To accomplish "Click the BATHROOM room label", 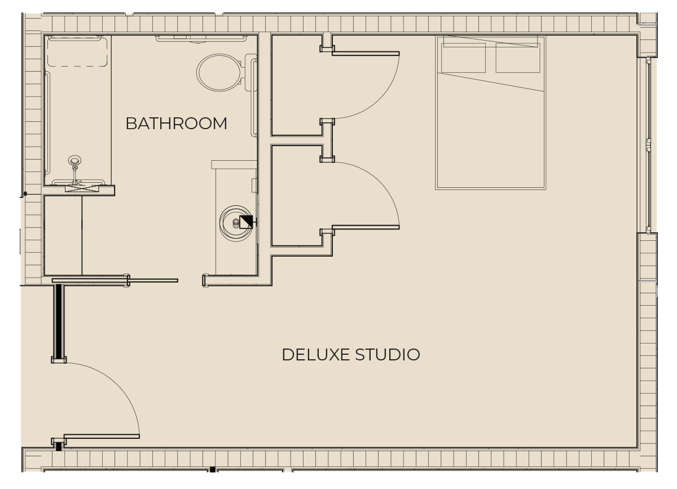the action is (176, 124).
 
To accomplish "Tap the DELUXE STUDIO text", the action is (351, 355).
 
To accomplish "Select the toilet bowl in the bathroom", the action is (219, 73).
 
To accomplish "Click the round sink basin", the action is (236, 223).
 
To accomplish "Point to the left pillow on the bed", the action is (463, 58).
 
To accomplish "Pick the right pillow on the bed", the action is (518, 58).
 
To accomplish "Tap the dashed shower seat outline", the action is (77, 52).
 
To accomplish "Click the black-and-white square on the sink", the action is (246, 222).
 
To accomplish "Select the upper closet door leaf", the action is (366, 54).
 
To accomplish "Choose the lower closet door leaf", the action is (366, 227).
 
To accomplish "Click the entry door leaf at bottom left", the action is (102, 437).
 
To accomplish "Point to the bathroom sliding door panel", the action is (115, 281).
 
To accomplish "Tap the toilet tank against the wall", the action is (250, 73).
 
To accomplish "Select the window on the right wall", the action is (648, 145).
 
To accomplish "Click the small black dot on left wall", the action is (25, 193).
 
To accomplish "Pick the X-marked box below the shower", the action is (82, 188).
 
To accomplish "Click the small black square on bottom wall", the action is (213, 469).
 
